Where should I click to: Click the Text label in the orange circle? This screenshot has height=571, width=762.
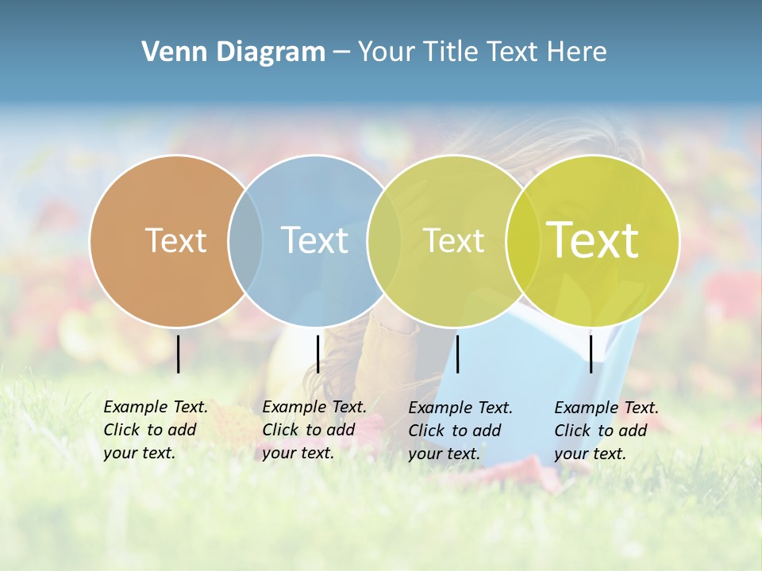[x=175, y=240]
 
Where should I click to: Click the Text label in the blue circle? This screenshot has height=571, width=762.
[x=314, y=240]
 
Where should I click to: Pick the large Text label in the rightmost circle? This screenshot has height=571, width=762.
[x=593, y=240]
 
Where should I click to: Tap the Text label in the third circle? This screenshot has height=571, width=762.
[x=453, y=240]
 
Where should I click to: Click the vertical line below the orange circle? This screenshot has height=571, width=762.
[x=178, y=354]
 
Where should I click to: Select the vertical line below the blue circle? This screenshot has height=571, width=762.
[x=317, y=354]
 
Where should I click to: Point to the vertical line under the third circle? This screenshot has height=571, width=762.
[x=457, y=354]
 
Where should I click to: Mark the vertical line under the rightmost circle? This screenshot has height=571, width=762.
[x=591, y=354]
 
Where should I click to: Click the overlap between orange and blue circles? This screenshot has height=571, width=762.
[x=245, y=240]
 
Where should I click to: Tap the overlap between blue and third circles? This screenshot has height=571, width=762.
[x=384, y=240]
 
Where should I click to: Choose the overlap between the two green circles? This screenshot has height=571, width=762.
[x=523, y=240]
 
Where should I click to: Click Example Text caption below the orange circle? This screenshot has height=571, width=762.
[x=156, y=407]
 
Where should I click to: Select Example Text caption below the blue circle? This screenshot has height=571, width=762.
[x=314, y=407]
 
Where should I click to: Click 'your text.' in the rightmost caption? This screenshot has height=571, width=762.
[x=590, y=454]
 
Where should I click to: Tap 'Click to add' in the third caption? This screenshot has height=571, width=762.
[x=455, y=431]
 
